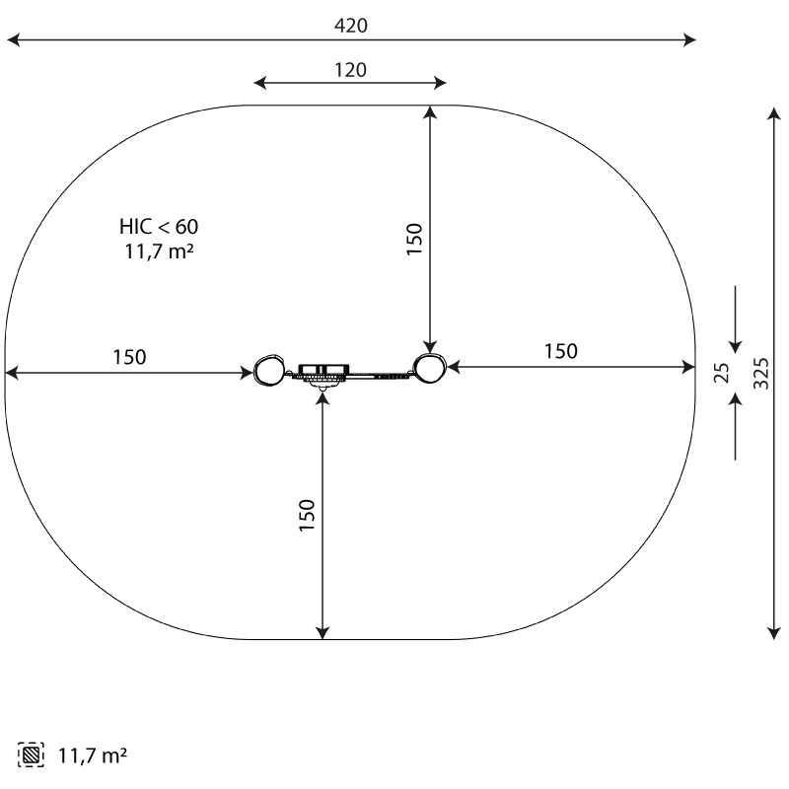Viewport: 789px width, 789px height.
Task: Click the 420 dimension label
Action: point(351,26)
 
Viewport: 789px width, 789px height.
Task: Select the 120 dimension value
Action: point(351,70)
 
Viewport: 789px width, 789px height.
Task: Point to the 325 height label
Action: point(761,374)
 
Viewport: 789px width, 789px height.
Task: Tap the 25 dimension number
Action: point(722,373)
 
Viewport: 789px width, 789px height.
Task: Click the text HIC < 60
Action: point(159,227)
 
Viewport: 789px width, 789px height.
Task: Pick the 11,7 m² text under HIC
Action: point(159,251)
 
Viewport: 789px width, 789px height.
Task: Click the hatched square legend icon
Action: point(31,754)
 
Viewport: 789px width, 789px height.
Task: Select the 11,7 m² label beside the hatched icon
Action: point(93,755)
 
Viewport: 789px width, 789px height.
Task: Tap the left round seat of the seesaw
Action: point(268,371)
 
